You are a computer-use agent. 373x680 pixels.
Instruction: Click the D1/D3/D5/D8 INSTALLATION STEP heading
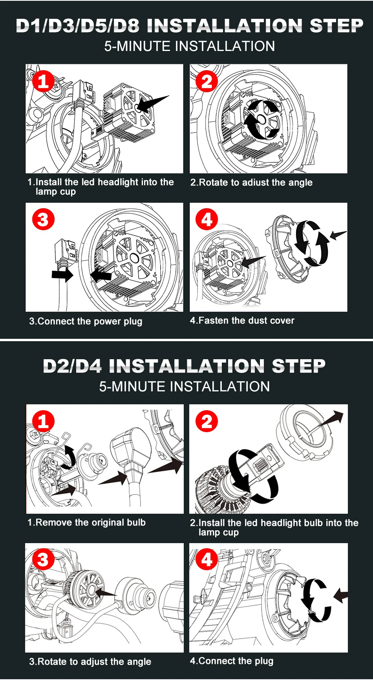coord(190,25)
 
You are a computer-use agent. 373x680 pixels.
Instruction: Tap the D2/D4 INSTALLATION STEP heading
coord(184,366)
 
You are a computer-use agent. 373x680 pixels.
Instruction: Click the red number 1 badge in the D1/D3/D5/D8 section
coord(43,81)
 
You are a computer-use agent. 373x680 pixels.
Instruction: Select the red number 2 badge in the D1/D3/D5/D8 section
coord(207,81)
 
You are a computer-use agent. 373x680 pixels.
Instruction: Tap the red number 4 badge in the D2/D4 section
coord(207,560)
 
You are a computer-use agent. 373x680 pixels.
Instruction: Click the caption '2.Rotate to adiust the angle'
coord(251,182)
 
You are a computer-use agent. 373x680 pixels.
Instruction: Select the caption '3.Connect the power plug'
coord(86,321)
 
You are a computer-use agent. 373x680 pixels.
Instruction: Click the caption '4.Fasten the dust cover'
coord(242,320)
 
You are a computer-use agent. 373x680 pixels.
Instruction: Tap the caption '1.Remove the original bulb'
coord(86,522)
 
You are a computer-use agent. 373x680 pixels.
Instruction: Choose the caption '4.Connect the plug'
coord(232,661)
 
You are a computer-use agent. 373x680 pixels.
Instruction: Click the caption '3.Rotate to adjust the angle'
coord(90,662)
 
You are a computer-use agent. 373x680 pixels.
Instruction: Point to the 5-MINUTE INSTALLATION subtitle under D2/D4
coord(184,387)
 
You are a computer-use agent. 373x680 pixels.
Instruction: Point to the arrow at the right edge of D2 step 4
coord(341,596)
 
